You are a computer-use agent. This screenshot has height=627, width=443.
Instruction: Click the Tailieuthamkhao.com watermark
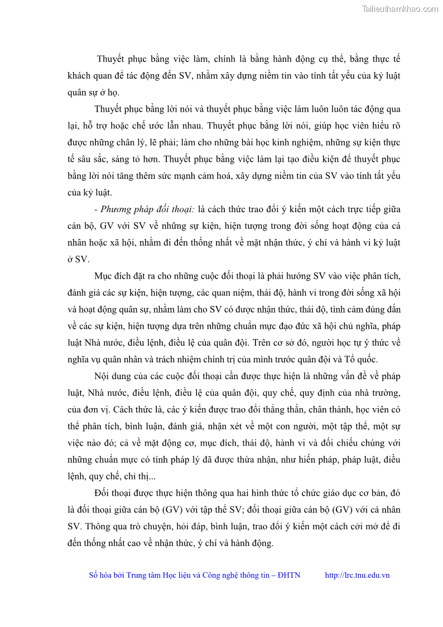399,8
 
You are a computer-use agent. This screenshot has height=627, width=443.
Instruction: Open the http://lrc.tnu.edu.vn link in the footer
357,576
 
